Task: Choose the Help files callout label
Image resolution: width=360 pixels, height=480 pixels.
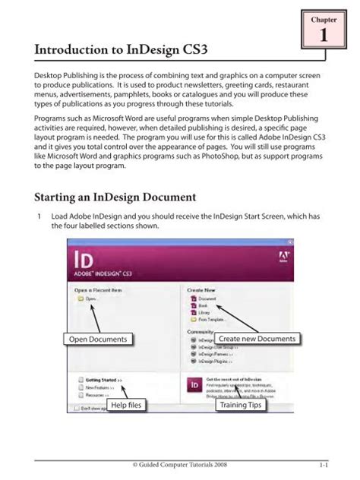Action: (x=126, y=406)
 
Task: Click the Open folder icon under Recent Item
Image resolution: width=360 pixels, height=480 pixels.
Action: (x=81, y=299)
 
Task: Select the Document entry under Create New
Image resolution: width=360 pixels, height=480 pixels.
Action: (x=206, y=298)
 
